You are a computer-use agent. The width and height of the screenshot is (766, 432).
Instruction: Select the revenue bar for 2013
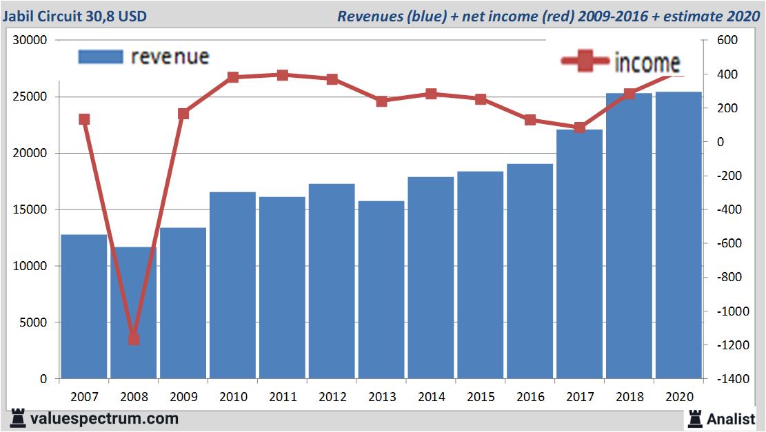(381, 289)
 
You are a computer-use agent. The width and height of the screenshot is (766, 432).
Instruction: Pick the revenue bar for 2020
(678, 234)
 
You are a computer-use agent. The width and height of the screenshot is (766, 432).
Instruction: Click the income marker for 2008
(134, 339)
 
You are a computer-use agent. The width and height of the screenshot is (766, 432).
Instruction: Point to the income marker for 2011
(282, 74)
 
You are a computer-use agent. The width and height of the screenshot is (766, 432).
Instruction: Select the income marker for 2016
(530, 120)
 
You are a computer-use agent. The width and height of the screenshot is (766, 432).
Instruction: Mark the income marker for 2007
(84, 119)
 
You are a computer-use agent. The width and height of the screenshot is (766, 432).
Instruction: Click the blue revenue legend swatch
(101, 56)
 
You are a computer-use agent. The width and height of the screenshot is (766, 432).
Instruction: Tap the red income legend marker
(586, 62)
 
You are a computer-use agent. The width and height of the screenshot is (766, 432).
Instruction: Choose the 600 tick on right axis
(728, 41)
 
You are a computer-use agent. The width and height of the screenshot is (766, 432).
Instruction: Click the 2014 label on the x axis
(431, 397)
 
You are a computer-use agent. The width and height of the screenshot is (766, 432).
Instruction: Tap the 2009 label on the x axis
(183, 397)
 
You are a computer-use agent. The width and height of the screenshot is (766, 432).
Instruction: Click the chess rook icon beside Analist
(695, 418)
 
